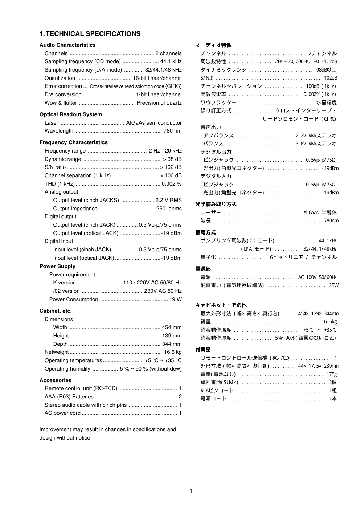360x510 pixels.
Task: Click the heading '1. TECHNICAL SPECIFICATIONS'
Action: click(90, 34)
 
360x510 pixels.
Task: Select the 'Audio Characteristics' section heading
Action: click(67, 45)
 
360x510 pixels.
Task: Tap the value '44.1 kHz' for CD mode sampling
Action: click(171, 61)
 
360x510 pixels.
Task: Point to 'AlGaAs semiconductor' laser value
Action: click(154, 123)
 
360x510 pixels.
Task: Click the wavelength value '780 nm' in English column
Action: click(173, 131)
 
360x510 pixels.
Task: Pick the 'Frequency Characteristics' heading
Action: click(74, 142)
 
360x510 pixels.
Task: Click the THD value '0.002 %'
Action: click(172, 184)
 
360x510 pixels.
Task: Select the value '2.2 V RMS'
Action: click(169, 200)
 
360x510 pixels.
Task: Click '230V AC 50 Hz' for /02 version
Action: click(163, 291)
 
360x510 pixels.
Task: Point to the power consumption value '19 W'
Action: click(175, 299)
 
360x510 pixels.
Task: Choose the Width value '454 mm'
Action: click(172, 327)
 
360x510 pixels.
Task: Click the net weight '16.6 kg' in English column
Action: click(173, 352)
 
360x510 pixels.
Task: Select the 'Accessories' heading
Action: click(56, 380)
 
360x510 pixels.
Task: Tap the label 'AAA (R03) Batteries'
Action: click(69, 397)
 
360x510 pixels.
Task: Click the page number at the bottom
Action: click(191, 491)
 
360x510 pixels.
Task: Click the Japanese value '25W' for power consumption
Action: click(334, 285)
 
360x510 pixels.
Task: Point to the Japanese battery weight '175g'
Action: click(332, 374)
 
